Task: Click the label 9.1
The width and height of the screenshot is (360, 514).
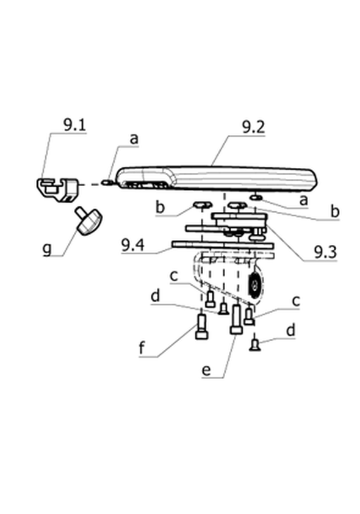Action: [x=74, y=125]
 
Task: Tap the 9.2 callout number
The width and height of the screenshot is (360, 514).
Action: [x=253, y=127]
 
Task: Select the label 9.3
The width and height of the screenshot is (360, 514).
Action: [x=325, y=252]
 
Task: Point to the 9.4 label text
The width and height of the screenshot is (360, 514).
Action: [x=132, y=245]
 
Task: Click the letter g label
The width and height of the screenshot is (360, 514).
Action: [x=47, y=248]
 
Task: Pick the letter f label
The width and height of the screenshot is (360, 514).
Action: [x=142, y=347]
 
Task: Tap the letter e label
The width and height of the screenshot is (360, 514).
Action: [x=206, y=371]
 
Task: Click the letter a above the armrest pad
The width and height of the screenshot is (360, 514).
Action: [x=134, y=139]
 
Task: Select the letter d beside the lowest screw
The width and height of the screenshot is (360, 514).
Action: [x=290, y=330]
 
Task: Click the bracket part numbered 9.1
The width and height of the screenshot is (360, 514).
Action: [x=57, y=189]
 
